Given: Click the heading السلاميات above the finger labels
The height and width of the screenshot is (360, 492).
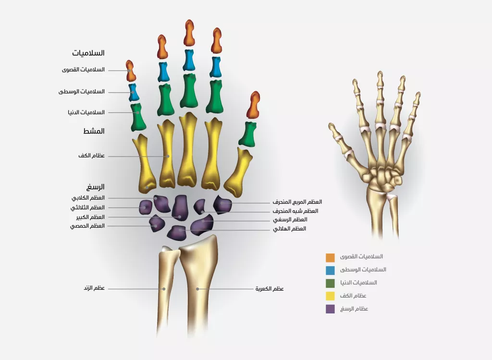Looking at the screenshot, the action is tap(88, 53).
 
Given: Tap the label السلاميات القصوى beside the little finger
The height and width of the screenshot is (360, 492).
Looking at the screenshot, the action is tap(83, 70).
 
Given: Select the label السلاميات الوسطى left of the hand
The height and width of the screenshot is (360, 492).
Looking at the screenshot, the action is tap(82, 92).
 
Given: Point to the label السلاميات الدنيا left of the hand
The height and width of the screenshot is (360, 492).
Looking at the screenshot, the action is tap(86, 112).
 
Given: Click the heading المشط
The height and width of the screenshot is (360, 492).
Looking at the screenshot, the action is tap(94, 131).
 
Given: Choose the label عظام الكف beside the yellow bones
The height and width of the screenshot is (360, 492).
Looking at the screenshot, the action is tap(92, 156).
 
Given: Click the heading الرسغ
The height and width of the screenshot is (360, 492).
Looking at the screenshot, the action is tap(96, 187).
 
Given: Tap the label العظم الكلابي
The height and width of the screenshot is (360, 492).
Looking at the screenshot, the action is tap(88, 198).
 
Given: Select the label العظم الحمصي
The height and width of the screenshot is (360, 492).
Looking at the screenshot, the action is tap(87, 226).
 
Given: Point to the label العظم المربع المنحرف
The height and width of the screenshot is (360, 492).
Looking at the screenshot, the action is tap(297, 202).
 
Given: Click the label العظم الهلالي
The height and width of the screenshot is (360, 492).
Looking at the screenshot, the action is tap(289, 228).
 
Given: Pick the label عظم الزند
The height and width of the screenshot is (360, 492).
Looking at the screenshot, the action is tap(94, 288).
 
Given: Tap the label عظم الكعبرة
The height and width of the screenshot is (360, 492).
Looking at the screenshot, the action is tap(270, 289).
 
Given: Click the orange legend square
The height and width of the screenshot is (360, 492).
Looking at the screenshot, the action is tap(330, 258).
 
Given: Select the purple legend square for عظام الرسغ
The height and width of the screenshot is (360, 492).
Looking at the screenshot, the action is tap(330, 309).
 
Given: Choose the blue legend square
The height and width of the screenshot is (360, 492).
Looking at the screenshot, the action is tap(330, 270).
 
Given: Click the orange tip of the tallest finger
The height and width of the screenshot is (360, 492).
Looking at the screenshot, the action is tap(189, 33).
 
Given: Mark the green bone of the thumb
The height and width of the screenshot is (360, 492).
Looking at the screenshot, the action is tap(248, 134).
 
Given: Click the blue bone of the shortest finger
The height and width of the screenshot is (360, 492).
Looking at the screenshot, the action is tap(134, 92).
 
